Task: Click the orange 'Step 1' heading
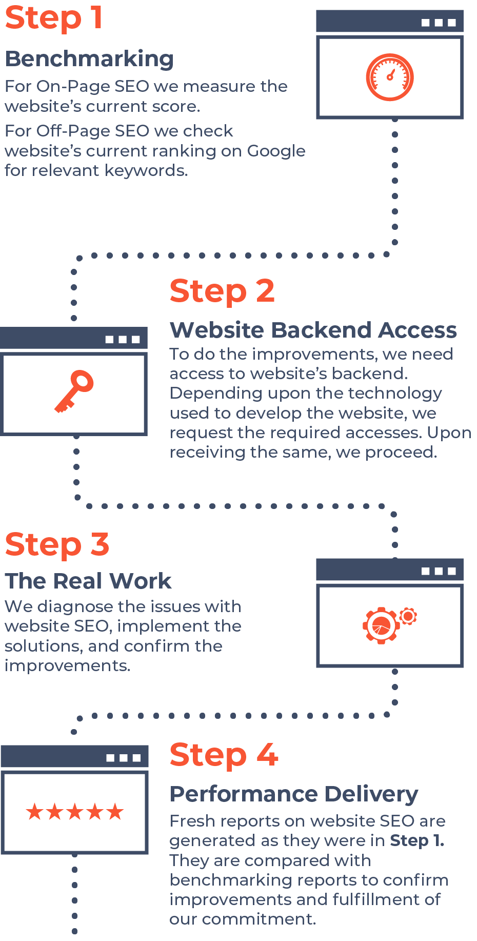[54, 18]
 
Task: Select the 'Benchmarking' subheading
[89, 59]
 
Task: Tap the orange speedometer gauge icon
[390, 77]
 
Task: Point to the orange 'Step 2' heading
[222, 291]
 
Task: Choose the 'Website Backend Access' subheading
[313, 330]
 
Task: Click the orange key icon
[75, 391]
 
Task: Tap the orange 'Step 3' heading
[57, 544]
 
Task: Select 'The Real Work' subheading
[88, 581]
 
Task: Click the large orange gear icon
[381, 625]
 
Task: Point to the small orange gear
[408, 615]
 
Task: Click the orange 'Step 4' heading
[224, 755]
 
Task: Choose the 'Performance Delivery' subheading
[294, 794]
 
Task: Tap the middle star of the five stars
[75, 812]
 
